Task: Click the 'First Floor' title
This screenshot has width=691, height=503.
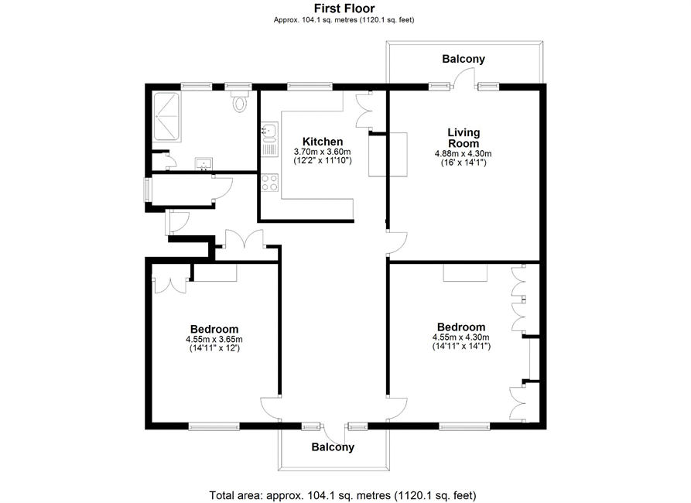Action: [344, 9]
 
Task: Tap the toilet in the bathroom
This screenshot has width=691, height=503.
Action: [239, 101]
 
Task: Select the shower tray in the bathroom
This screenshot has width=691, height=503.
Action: [166, 117]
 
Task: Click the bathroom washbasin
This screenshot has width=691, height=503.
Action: [204, 163]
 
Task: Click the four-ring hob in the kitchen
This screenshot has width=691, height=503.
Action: [270, 183]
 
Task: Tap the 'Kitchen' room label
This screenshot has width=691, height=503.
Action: [323, 142]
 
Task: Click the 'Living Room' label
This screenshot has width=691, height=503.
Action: [464, 138]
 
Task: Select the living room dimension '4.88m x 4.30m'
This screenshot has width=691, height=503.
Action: [464, 154]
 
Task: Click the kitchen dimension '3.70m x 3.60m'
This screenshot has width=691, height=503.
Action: [323, 152]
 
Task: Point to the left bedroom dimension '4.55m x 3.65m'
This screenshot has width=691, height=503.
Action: [214, 340]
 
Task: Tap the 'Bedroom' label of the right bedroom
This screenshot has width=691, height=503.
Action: [461, 327]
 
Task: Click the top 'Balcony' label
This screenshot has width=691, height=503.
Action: [464, 59]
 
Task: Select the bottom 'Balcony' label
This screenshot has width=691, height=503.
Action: [333, 447]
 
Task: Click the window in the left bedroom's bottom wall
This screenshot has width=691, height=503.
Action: [214, 426]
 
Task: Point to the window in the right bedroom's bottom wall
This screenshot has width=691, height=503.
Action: [464, 426]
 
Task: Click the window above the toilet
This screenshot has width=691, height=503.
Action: [238, 87]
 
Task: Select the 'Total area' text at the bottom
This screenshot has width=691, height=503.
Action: [343, 495]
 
